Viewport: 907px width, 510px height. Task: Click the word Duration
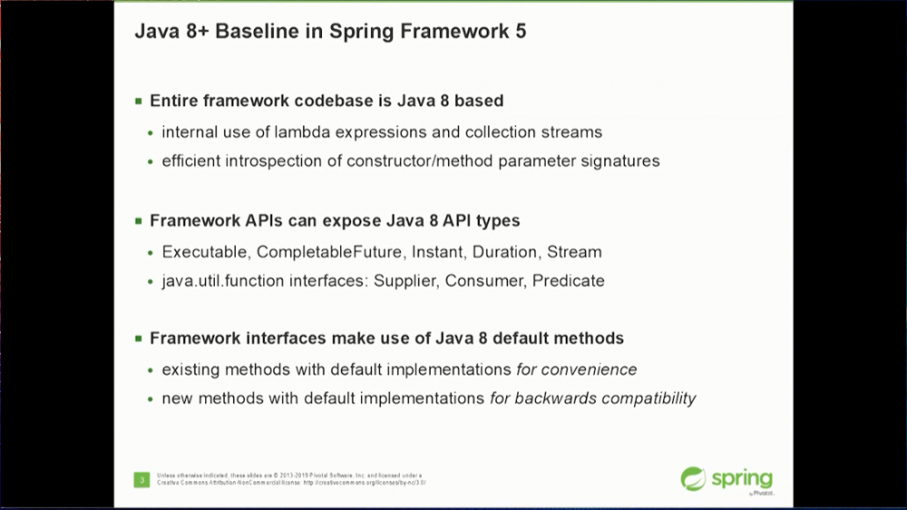(504, 251)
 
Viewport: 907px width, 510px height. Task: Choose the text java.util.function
(223, 281)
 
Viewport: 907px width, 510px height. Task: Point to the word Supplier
(407, 281)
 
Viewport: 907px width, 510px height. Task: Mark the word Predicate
(568, 281)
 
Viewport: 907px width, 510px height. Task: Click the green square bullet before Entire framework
(139, 101)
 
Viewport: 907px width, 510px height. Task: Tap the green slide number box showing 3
(141, 479)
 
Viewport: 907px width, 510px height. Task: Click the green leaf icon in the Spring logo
(694, 478)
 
